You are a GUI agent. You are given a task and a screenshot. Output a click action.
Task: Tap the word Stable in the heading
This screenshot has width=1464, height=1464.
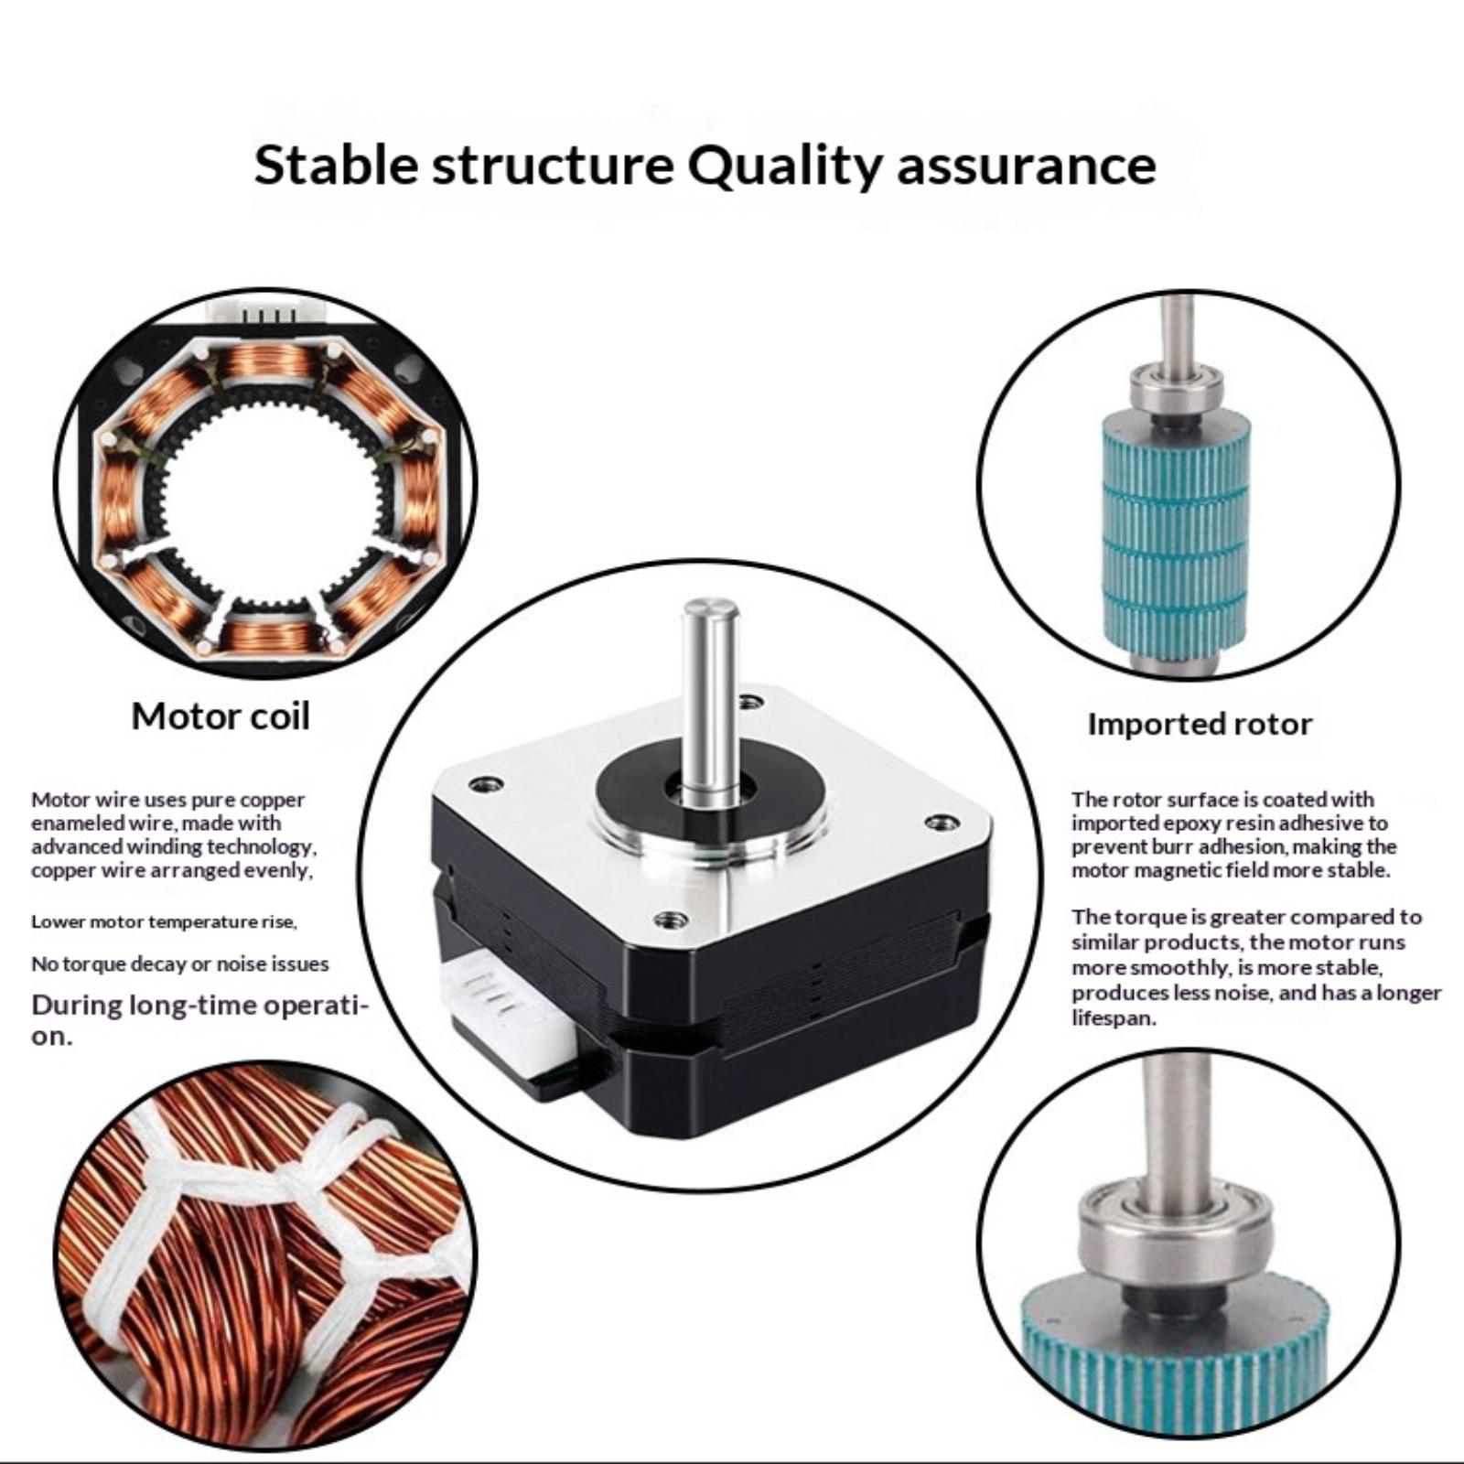click(x=335, y=166)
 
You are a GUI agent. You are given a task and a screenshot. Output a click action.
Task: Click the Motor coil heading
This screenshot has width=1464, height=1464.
click(x=221, y=716)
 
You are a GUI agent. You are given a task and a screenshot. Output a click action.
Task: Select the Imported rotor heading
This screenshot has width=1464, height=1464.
click(x=1200, y=724)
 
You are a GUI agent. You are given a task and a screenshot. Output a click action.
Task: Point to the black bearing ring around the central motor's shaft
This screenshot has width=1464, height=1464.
click(x=710, y=787)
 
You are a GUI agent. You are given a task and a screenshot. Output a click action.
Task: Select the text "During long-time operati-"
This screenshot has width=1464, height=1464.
click(x=200, y=1006)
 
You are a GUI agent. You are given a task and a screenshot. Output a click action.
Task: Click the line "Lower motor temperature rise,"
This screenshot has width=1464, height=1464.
click(x=165, y=921)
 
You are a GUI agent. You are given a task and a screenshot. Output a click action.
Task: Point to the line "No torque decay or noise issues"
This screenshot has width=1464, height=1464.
click(x=180, y=963)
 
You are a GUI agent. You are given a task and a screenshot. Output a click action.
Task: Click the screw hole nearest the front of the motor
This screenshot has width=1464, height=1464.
click(x=671, y=918)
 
